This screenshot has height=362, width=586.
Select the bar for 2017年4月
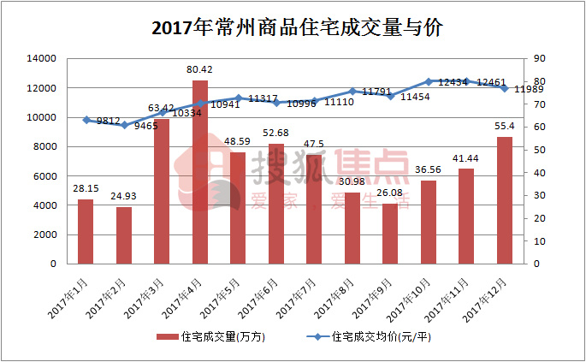click(200, 171)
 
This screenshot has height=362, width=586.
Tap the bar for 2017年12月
click(505, 200)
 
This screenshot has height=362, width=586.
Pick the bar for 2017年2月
click(124, 235)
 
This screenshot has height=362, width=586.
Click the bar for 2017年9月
click(390, 234)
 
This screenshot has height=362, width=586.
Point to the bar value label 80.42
click(200, 69)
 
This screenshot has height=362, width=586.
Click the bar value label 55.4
click(505, 126)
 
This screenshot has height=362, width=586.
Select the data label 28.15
click(85, 188)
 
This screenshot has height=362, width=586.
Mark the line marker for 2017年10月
click(429, 81)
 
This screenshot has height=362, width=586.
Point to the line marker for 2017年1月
click(86, 120)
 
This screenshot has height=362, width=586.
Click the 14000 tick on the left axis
click(41, 58)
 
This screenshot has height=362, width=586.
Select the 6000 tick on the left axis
click(44, 175)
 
